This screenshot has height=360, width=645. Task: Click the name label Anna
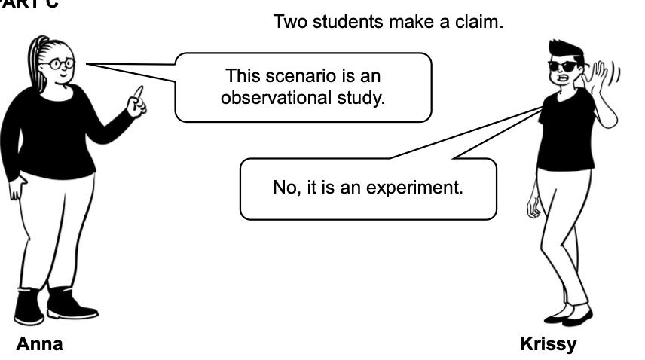[x=40, y=344]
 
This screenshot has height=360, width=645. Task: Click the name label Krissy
[x=548, y=344]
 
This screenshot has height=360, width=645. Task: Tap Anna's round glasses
[x=60, y=64]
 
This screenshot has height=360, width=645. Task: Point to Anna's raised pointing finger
[x=138, y=93]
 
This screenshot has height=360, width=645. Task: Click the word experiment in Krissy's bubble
[x=420, y=187]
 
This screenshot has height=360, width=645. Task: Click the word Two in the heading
[x=288, y=22]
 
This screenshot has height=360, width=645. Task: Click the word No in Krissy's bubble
[x=284, y=187]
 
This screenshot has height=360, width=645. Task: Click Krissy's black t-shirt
[x=567, y=132]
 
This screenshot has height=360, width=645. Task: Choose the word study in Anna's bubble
[x=363, y=99]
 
